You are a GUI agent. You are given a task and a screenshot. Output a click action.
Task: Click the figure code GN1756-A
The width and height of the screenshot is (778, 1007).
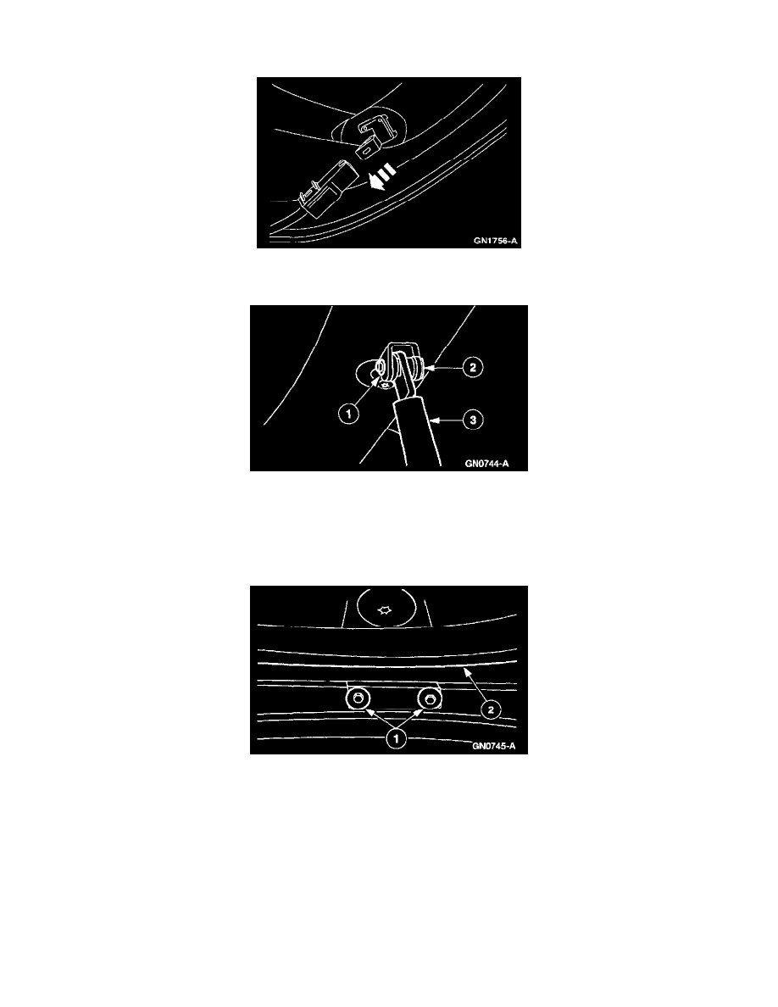[x=496, y=241]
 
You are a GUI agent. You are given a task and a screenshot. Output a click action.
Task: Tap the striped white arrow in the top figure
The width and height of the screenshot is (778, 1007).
[x=382, y=177]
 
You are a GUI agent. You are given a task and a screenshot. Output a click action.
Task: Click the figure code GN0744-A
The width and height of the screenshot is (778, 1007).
[x=486, y=463]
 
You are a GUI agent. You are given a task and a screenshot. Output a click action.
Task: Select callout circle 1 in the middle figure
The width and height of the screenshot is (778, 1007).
[x=348, y=414]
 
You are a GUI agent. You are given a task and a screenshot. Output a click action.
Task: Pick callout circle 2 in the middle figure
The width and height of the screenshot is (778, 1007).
[x=473, y=367]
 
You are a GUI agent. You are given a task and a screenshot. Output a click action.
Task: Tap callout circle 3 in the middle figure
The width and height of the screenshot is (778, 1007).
[x=473, y=420]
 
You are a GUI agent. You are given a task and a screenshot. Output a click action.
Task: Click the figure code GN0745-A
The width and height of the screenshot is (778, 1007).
[x=493, y=746]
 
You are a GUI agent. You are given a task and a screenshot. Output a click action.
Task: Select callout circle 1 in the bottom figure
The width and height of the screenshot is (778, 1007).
[x=396, y=738]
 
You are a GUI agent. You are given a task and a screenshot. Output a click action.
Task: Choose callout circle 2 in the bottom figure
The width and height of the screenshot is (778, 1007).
[x=491, y=709]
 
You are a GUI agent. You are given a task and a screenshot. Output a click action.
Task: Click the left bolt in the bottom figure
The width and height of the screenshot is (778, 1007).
[x=358, y=698]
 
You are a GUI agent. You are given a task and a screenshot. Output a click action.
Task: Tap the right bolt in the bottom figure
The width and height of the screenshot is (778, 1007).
[x=430, y=698]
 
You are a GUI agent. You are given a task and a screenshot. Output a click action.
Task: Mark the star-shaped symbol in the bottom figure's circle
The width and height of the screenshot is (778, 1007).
[x=384, y=609]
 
